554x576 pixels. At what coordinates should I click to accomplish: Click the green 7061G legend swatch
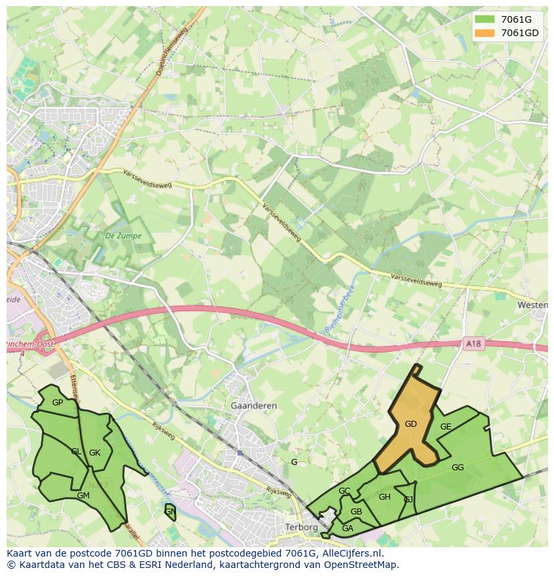[486, 19]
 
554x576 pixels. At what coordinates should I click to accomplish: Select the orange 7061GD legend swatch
[486, 33]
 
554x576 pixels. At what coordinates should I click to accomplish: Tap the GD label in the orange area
[411, 424]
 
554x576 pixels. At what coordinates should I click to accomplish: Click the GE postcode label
[446, 427]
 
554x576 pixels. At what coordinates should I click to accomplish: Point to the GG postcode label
[458, 468]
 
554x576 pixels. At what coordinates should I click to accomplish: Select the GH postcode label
[385, 497]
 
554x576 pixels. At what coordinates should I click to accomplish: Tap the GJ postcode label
[408, 499]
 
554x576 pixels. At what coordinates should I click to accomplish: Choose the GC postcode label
[345, 491]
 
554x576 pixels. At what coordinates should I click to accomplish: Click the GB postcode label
[357, 512]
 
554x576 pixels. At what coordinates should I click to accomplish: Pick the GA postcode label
[347, 529]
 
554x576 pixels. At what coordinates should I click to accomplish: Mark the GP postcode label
[58, 403]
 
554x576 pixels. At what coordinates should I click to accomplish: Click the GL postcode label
[76, 452]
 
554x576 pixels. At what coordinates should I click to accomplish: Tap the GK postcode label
[95, 453]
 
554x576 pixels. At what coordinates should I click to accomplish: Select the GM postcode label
[83, 496]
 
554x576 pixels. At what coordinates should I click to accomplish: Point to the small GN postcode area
[170, 512]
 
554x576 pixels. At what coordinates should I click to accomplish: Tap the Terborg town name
[301, 527]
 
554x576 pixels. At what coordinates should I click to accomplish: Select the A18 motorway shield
[473, 344]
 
